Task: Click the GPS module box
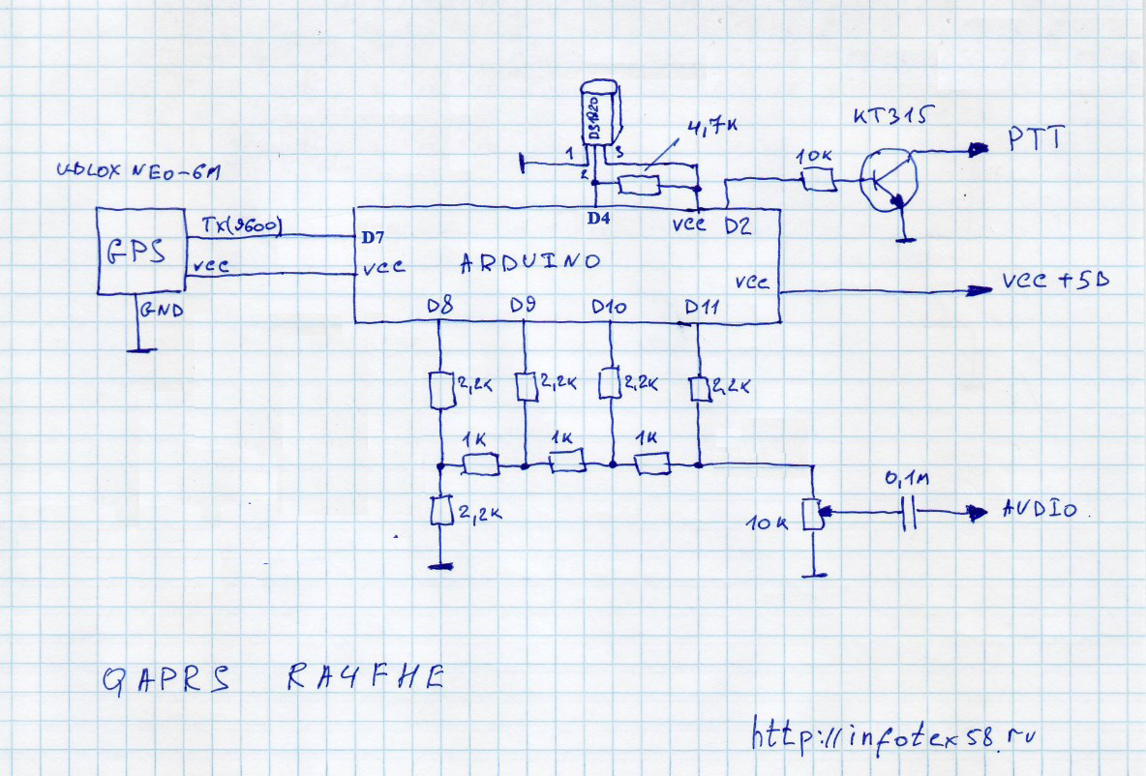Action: pyautogui.click(x=140, y=251)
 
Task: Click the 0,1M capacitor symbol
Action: pyautogui.click(x=909, y=513)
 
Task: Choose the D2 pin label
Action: pyautogui.click(x=739, y=225)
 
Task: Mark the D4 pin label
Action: pyautogui.click(x=599, y=219)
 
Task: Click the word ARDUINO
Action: pyautogui.click(x=529, y=261)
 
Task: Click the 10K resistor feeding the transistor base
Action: pyautogui.click(x=819, y=179)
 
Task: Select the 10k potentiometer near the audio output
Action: pyautogui.click(x=813, y=513)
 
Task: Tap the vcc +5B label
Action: pyautogui.click(x=1055, y=282)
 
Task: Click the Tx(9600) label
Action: pyautogui.click(x=241, y=226)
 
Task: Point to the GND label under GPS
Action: pyautogui.click(x=161, y=311)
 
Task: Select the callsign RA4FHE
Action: pyautogui.click(x=365, y=679)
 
